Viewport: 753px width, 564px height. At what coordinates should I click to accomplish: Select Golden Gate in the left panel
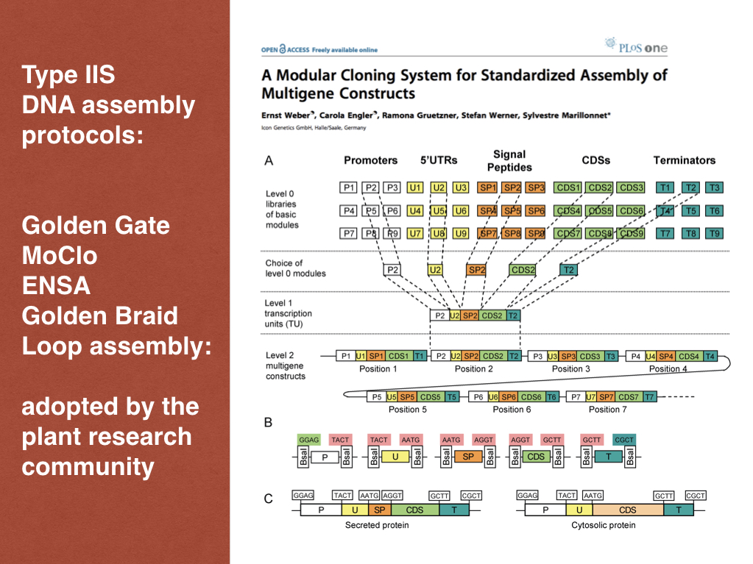tap(96, 224)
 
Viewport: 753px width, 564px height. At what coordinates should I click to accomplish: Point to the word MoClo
tap(60, 255)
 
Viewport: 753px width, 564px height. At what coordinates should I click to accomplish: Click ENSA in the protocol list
tap(56, 285)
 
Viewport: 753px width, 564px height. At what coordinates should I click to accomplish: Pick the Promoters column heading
tap(370, 160)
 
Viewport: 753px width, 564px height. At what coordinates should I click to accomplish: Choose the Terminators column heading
tap(684, 160)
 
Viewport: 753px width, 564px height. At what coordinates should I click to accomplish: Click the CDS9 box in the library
tap(631, 234)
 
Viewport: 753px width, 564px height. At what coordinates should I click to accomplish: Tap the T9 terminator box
tap(714, 234)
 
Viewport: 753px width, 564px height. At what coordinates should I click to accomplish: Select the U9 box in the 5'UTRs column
tap(461, 234)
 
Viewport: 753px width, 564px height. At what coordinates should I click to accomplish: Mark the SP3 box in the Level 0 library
tap(535, 188)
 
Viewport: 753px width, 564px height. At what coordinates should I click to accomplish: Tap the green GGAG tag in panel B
tap(309, 439)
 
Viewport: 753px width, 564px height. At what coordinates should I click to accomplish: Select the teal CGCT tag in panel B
tap(623, 439)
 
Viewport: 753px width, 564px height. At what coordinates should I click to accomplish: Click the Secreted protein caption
tap(377, 525)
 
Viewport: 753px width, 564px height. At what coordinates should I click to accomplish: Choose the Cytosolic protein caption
tap(603, 525)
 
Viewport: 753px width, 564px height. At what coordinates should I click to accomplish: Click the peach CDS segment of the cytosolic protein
tap(627, 510)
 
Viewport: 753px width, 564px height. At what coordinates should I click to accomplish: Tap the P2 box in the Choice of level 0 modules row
tap(392, 270)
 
